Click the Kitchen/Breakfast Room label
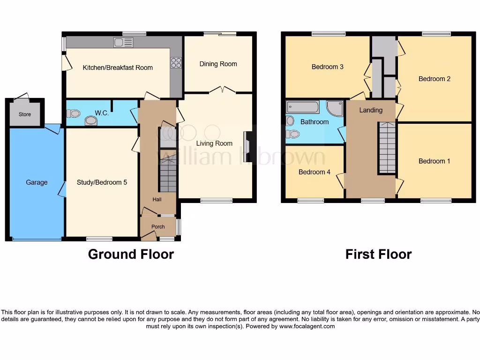click(x=118, y=67)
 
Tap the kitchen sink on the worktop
click(x=123, y=43)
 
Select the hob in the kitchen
click(x=176, y=63)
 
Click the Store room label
click(x=25, y=114)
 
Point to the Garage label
click(x=37, y=182)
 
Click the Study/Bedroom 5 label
click(x=102, y=182)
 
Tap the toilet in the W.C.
click(x=74, y=113)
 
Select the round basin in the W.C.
click(x=91, y=121)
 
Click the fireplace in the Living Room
click(x=247, y=147)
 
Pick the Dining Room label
click(x=218, y=64)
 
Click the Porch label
click(x=158, y=227)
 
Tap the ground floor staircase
click(x=167, y=174)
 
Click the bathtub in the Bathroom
click(x=302, y=107)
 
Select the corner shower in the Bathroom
click(x=335, y=108)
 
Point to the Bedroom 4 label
click(x=314, y=172)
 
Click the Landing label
click(x=371, y=110)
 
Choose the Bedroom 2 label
click(x=434, y=79)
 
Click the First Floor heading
click(x=378, y=254)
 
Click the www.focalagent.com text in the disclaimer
click(x=307, y=326)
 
